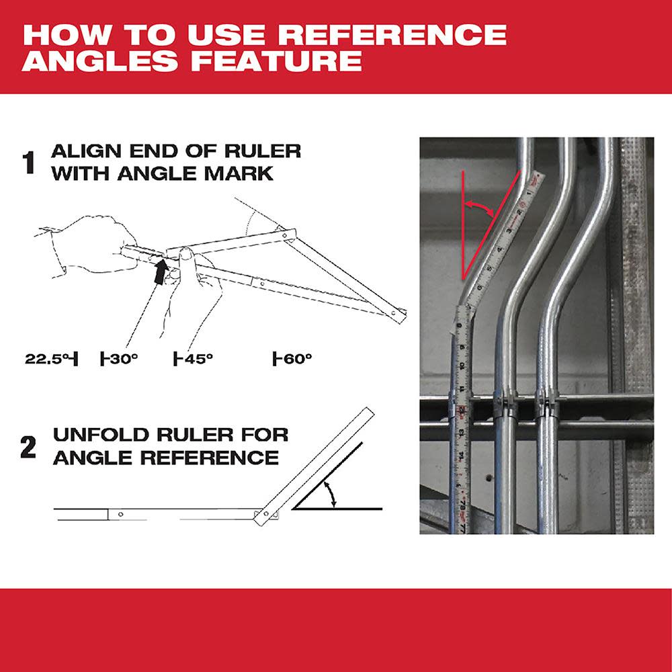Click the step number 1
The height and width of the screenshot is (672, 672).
[28, 163]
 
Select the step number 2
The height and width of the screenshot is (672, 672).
[28, 448]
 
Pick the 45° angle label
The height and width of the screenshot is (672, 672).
[195, 359]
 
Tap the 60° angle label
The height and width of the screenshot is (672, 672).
[294, 359]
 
